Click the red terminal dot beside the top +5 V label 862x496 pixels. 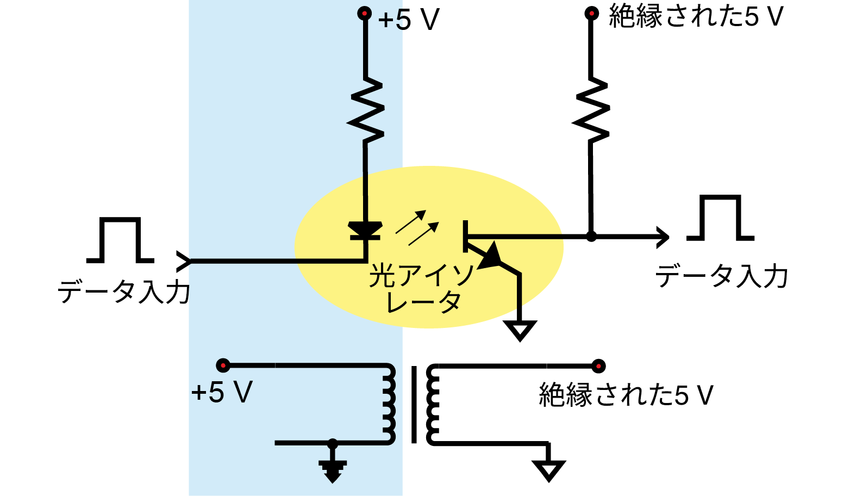click(364, 14)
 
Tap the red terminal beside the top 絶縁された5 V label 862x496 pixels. click(591, 14)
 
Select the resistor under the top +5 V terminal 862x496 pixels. click(365, 110)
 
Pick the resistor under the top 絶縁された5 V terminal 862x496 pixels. click(591, 110)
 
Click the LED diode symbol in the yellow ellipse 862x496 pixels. click(365, 230)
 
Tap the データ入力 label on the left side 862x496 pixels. click(123, 292)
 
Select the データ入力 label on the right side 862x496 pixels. click(722, 276)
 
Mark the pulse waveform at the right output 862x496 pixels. click(720, 218)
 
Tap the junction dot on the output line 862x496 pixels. click(591, 237)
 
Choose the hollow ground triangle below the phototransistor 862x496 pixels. click(520, 331)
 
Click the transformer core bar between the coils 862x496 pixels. click(414, 404)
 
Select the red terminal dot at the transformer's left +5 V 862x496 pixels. click(223, 365)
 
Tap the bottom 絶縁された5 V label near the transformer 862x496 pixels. click(626, 395)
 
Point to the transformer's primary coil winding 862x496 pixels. click(389, 404)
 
